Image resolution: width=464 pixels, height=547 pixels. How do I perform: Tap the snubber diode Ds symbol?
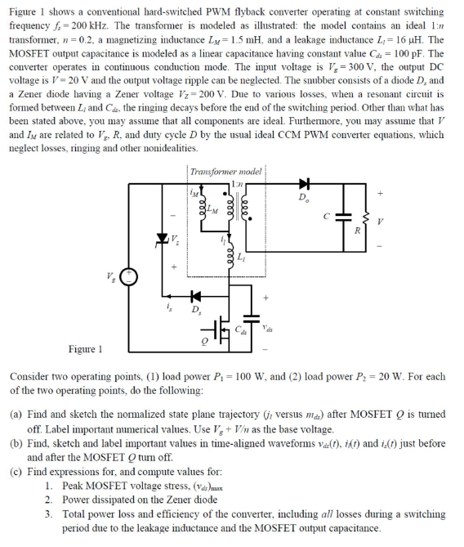(x=194, y=294)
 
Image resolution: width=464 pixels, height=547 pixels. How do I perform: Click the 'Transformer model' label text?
(x=225, y=172)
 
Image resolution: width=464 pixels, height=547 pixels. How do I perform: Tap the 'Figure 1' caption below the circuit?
(x=86, y=348)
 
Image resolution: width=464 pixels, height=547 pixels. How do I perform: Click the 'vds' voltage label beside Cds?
(x=270, y=327)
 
